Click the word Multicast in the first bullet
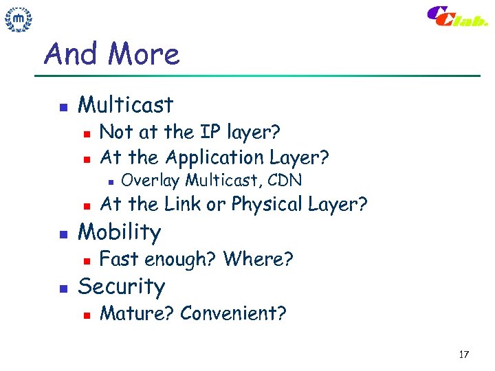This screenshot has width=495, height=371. click(x=126, y=105)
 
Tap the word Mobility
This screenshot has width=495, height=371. click(x=120, y=232)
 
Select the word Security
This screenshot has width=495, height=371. click(x=122, y=286)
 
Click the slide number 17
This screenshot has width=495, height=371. click(x=463, y=355)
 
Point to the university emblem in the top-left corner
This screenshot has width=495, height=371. click(x=19, y=20)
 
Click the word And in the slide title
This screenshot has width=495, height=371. click(x=67, y=54)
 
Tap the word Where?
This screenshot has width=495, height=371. click(x=258, y=259)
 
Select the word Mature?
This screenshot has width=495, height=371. click(x=137, y=313)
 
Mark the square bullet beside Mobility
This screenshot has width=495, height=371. click(x=61, y=234)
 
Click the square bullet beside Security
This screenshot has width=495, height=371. click(x=61, y=288)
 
